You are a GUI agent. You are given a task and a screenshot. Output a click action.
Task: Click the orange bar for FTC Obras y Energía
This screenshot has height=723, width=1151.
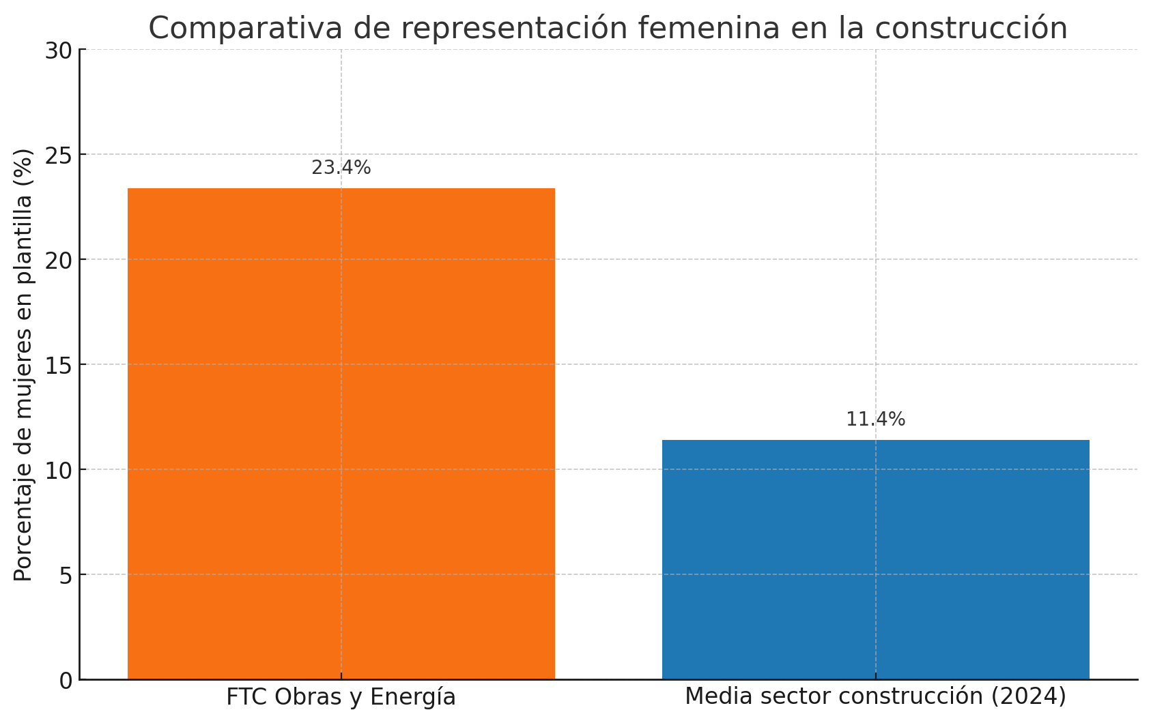[x=341, y=433]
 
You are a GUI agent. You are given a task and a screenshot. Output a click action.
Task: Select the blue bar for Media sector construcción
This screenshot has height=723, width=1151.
[x=875, y=559]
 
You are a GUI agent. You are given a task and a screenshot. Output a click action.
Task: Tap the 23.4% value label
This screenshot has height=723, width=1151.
[x=341, y=168]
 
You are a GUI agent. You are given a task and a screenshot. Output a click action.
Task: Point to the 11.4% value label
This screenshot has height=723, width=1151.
[x=875, y=419]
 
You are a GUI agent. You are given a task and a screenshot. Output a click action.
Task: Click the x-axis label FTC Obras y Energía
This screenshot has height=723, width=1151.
[x=341, y=697]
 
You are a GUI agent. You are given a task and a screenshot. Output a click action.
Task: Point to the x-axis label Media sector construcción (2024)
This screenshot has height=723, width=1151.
[x=875, y=696]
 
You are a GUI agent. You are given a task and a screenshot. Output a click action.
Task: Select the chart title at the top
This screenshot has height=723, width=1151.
[x=608, y=29]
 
